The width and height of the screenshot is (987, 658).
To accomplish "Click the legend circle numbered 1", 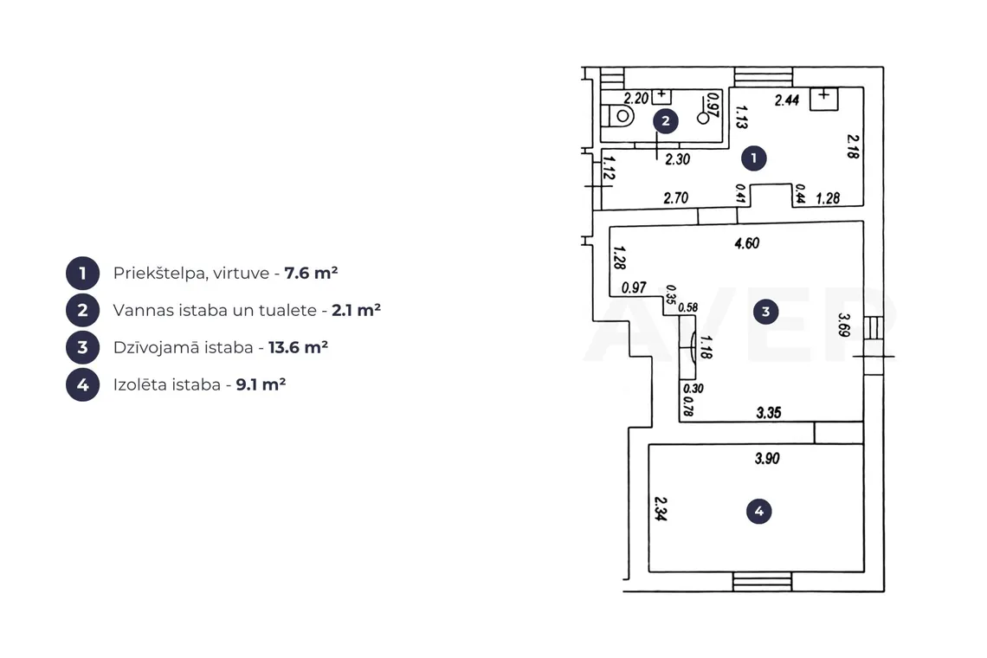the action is coord(82,274).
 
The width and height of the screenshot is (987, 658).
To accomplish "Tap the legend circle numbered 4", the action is coord(82,384).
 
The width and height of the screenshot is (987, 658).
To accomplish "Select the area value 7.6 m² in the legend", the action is coord(311,273).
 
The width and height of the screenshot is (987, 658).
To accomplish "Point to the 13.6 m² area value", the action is coord(298,347).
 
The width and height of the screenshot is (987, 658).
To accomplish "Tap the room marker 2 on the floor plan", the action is coord(665,121).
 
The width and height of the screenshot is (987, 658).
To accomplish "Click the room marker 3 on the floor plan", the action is coord(765,311).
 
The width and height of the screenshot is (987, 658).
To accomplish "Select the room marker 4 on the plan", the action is coord(758,512).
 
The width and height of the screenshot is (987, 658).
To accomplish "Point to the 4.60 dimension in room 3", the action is coord(747,243).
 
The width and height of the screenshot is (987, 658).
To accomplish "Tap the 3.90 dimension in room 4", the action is coord(767,458).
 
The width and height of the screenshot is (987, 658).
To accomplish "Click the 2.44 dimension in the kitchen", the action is coord(787,100).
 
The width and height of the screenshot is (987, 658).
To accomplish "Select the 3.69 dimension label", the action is coord(844,325).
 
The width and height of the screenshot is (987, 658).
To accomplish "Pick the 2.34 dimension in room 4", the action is coord(661,509).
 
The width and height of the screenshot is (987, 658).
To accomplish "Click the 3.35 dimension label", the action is coord(769,413).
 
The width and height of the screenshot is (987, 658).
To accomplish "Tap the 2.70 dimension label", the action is coord(676,198).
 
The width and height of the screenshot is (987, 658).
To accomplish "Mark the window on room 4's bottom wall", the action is coord(762,582).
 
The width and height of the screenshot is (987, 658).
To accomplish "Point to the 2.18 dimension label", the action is coord(853,146).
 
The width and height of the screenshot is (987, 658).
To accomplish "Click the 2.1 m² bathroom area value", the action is coord(357,310).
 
